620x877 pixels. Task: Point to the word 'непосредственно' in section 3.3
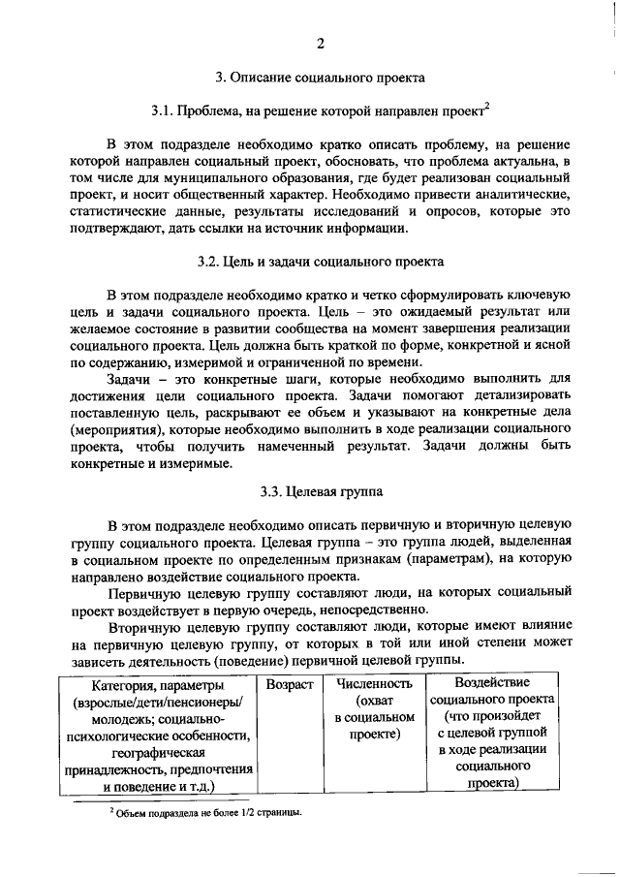point(367,609)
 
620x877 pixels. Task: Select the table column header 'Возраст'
point(290,684)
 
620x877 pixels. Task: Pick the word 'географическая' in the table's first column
point(157,752)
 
